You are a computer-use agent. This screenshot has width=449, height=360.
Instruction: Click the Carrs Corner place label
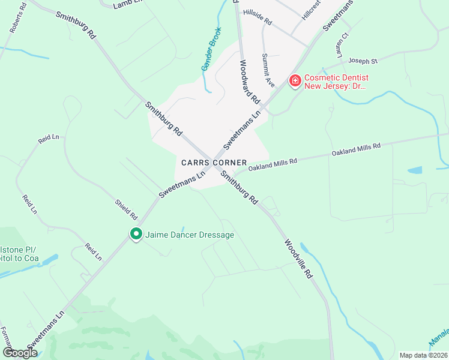(x=214, y=163)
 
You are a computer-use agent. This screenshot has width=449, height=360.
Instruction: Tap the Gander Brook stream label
(x=211, y=49)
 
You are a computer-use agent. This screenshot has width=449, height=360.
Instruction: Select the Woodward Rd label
(x=249, y=81)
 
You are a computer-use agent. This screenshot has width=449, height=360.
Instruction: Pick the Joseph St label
(x=363, y=61)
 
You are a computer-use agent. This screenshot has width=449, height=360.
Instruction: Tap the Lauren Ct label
(x=342, y=44)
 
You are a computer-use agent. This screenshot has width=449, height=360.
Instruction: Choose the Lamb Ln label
(x=126, y=5)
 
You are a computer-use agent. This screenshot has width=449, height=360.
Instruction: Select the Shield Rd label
(x=127, y=208)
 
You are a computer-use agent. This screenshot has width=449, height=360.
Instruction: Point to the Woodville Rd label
(x=299, y=258)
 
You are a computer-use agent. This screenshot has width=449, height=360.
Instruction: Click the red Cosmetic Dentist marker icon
(x=295, y=80)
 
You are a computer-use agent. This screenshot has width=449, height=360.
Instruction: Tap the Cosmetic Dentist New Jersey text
(x=336, y=82)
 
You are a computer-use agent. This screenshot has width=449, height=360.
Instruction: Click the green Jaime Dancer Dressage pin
(x=136, y=235)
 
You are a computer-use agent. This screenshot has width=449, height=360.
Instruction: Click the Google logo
(x=20, y=353)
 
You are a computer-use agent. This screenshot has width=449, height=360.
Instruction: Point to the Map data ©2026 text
(x=423, y=355)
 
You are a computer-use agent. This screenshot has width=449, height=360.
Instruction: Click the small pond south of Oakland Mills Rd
(x=415, y=170)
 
